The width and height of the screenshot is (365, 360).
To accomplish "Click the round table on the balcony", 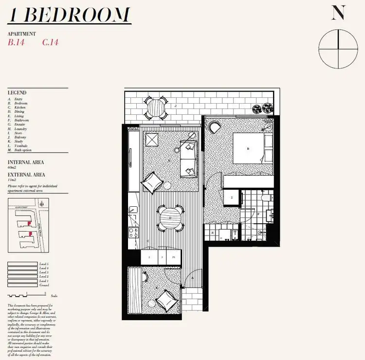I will point(156,108).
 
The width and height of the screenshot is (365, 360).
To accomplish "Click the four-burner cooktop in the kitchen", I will point(132,232).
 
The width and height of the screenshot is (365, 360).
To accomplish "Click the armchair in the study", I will point(165,298).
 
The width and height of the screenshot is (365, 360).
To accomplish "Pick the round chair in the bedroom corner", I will point(215,127).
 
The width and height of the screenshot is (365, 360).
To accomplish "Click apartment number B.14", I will point(16,42).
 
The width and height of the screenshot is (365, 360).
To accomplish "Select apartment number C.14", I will point(50,42).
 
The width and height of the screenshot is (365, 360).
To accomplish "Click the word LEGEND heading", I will point(17,92).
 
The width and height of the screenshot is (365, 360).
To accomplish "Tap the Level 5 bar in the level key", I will point(23,264).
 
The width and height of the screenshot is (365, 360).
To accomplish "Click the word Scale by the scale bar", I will point(54,296).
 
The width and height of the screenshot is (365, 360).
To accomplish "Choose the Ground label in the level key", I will point(44,285).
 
